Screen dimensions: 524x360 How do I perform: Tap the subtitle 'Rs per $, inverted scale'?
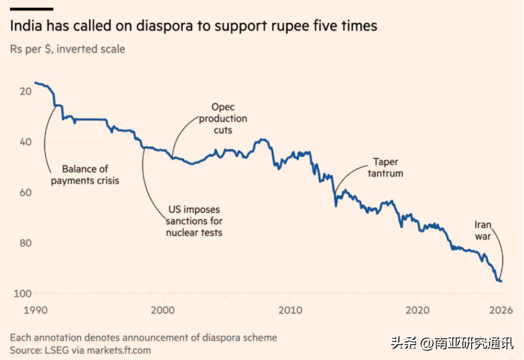[67, 49]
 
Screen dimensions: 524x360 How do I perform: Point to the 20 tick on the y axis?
[26, 91]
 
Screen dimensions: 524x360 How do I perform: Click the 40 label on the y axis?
[26, 142]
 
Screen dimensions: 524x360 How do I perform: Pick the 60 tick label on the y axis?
[26, 192]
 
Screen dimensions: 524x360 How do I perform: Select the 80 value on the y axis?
[26, 243]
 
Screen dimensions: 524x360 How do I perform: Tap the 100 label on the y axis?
[23, 294]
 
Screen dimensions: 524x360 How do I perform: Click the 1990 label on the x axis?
[35, 310]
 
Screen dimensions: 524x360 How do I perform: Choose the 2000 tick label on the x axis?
[163, 310]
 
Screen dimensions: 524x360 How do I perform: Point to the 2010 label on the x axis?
[290, 310]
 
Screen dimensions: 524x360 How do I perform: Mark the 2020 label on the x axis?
[417, 310]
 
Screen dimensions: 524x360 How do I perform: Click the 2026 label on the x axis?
[501, 310]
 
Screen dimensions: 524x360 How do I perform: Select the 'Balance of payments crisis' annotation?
[85, 175]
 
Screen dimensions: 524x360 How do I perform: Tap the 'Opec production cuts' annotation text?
[223, 118]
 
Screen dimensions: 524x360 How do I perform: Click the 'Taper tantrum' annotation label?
[385, 167]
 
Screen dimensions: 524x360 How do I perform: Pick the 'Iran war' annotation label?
[483, 230]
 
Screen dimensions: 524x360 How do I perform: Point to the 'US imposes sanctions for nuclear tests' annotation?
[194, 221]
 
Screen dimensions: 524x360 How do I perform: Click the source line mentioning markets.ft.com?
[80, 350]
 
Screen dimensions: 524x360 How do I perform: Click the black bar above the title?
[32, 9]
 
